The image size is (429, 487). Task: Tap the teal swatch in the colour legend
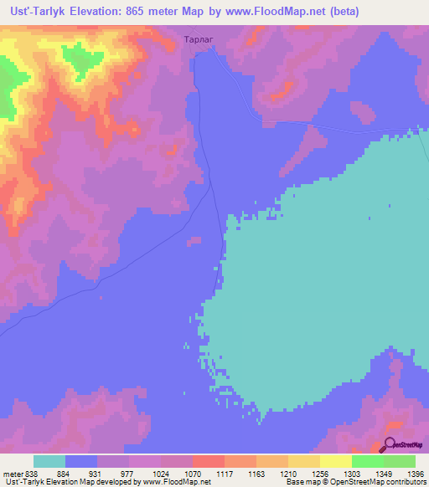[49, 461]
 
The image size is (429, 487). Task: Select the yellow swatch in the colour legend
[336, 461]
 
